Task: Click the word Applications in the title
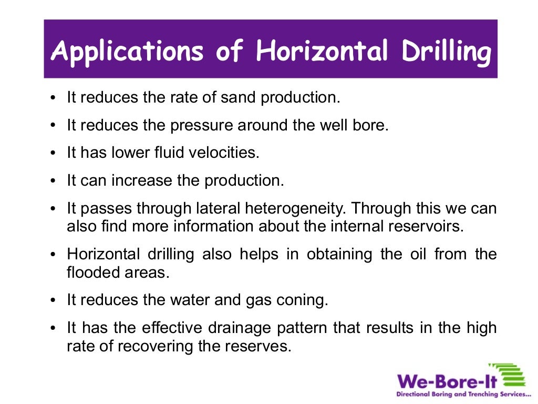tap(127, 52)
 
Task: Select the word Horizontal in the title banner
tap(322, 52)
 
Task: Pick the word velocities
tap(227, 153)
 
